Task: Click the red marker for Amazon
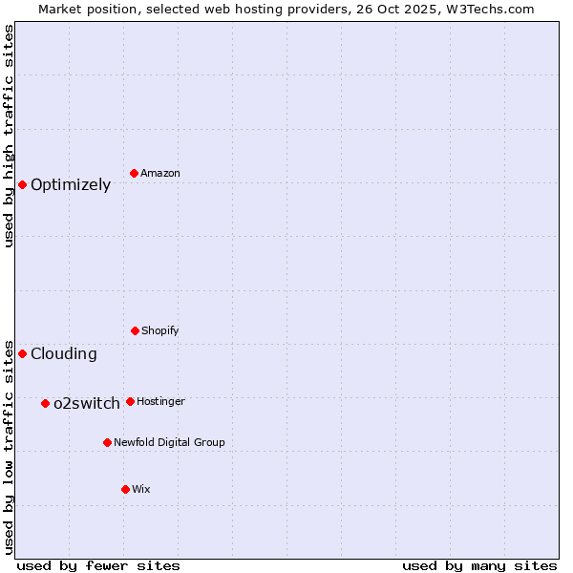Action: click(x=135, y=173)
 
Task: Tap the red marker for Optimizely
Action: click(x=22, y=184)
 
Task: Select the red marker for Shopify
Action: click(x=135, y=330)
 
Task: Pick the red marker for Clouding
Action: click(x=22, y=353)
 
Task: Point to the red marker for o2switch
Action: click(x=45, y=403)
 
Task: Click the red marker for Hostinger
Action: click(x=130, y=401)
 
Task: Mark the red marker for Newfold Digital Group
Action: click(x=107, y=442)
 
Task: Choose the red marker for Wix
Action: click(x=125, y=489)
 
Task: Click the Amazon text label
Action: click(x=160, y=173)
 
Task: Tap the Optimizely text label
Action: click(x=71, y=185)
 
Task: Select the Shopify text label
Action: click(x=160, y=330)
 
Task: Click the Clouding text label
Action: click(x=64, y=354)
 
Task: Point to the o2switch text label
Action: click(x=87, y=404)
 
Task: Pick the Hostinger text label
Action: click(x=160, y=401)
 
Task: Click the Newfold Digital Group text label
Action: click(x=169, y=442)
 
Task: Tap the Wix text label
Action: click(x=141, y=489)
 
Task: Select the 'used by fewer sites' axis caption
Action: click(x=98, y=565)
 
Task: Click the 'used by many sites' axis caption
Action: click(x=479, y=565)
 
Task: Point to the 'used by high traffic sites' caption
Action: click(x=9, y=136)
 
